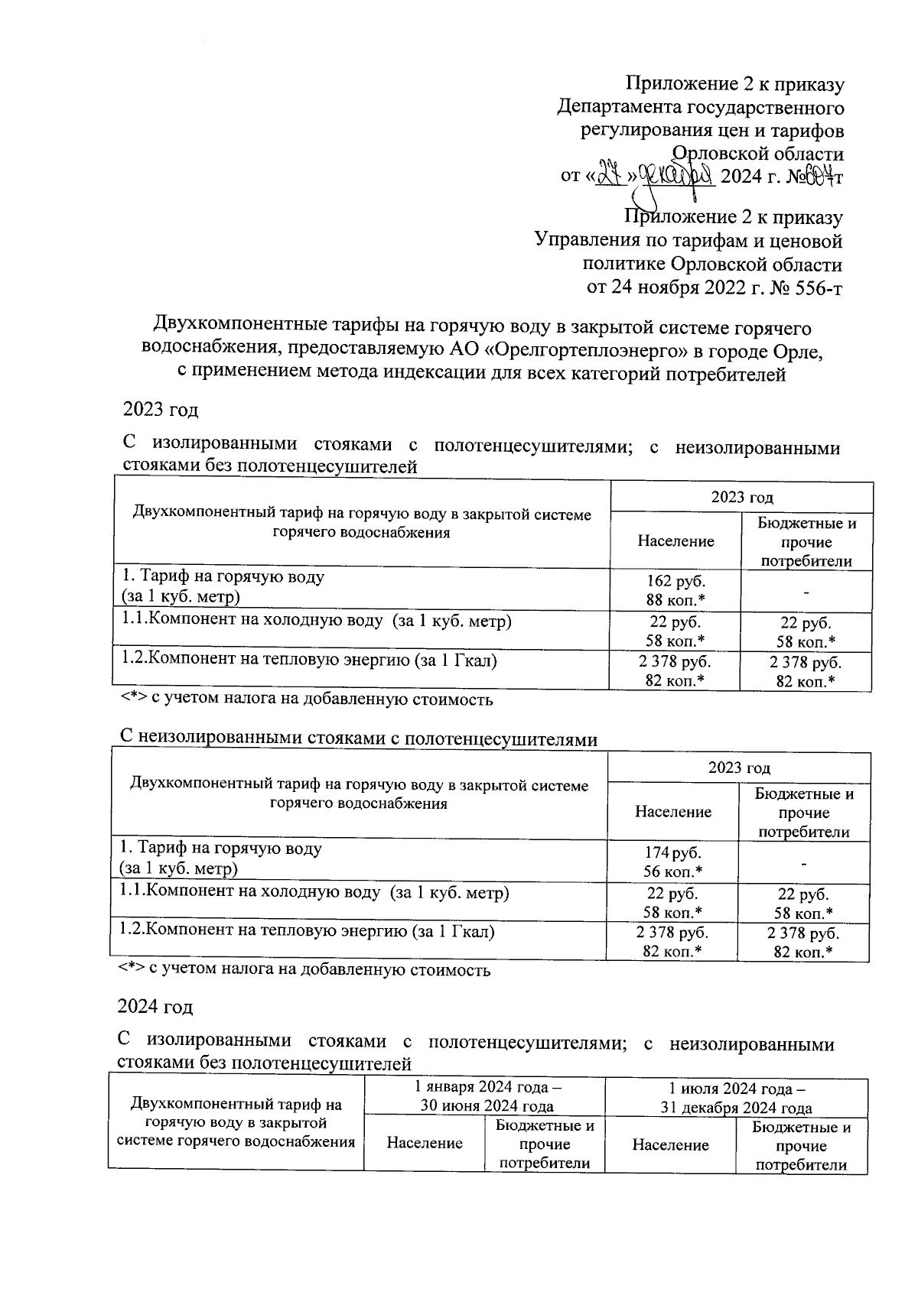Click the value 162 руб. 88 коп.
tap(675, 590)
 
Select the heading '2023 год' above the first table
tap(161, 410)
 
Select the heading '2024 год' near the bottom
tap(155, 1006)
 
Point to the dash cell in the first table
tap(806, 591)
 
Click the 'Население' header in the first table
tap(675, 541)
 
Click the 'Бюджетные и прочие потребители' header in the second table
tap(804, 813)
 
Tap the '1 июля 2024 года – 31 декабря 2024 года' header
tap(736, 1099)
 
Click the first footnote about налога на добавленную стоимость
tap(306, 699)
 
